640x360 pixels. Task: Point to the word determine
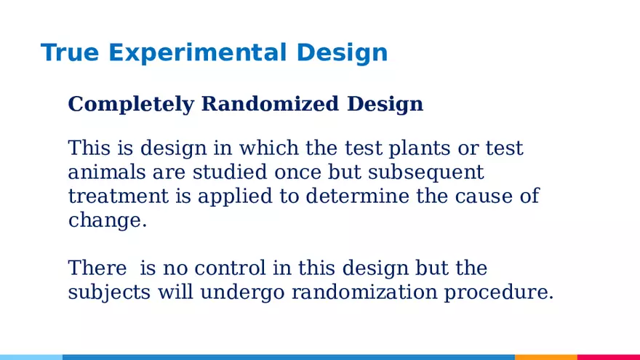pyautogui.click(x=357, y=197)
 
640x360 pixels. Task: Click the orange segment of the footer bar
pyautogui.click(x=545, y=357)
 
